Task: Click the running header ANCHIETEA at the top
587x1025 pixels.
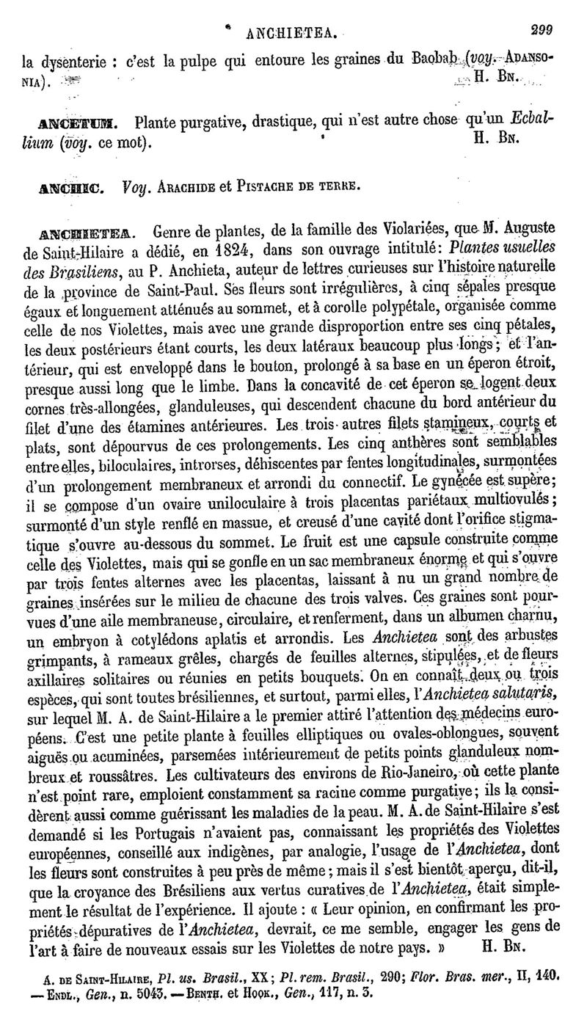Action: coord(293,33)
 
